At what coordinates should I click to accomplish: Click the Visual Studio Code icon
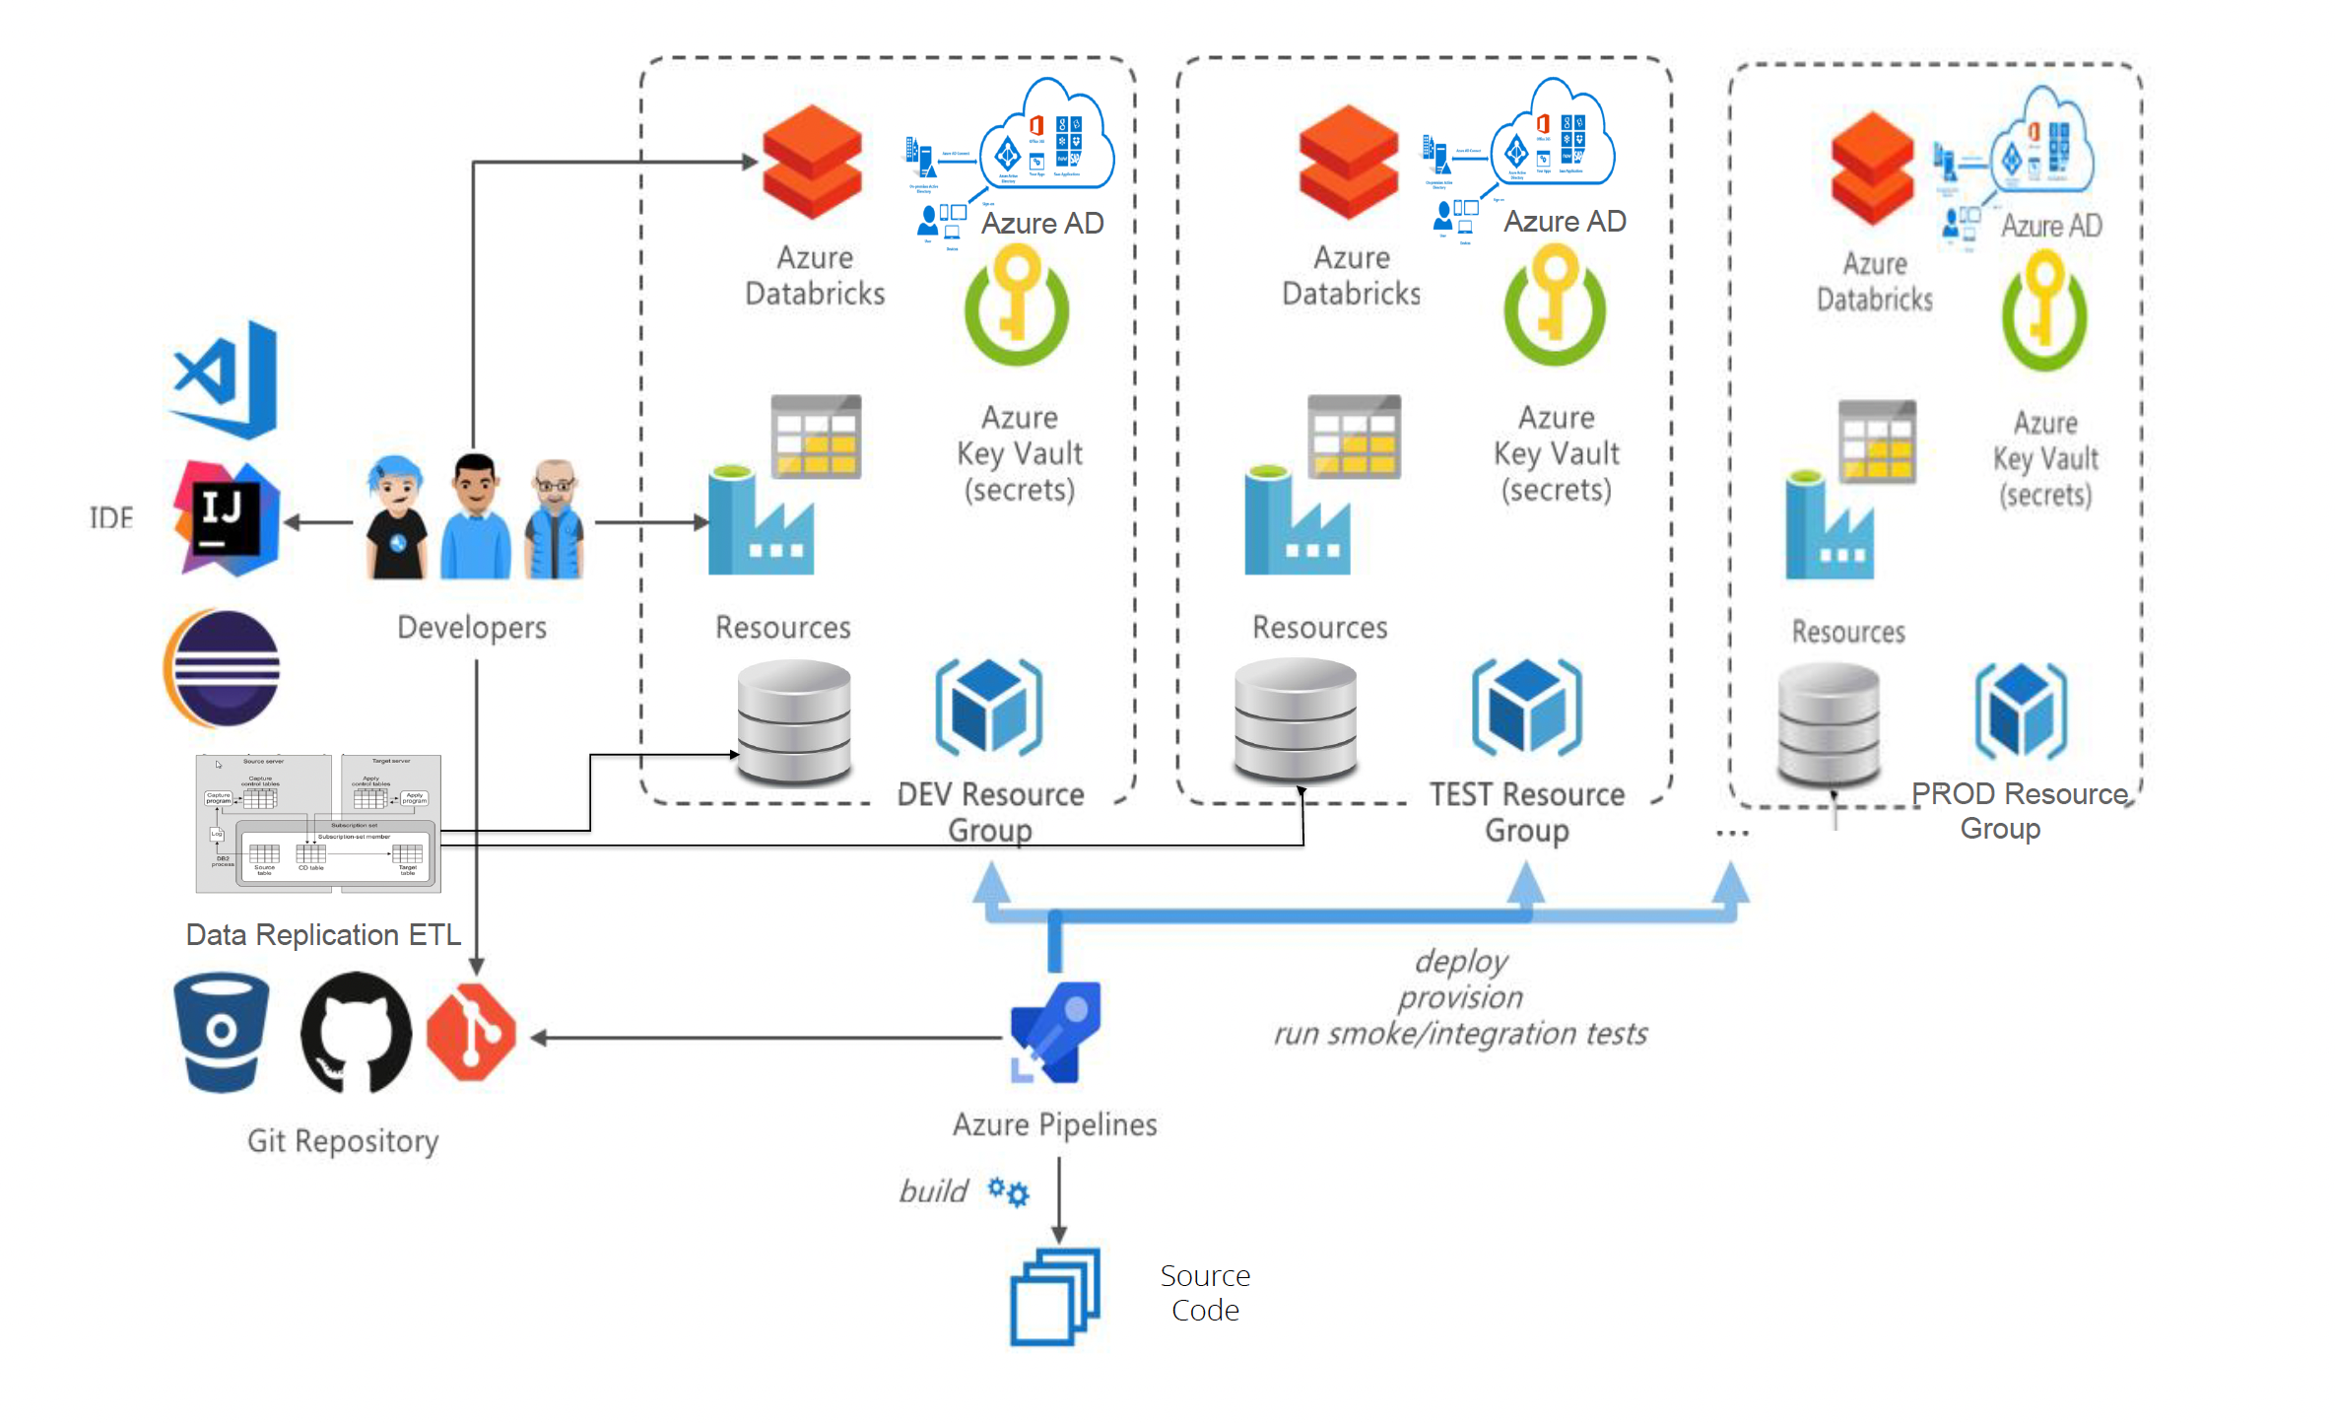226,379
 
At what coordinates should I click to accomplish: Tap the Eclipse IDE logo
223,668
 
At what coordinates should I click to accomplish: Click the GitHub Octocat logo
356,1033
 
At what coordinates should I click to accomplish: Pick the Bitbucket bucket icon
221,1033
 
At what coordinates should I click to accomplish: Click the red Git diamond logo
471,1033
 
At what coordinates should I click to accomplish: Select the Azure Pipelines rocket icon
1055,1033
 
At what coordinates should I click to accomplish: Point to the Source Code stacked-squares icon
1055,1296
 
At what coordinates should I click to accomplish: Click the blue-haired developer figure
396,517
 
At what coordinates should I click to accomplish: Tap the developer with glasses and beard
555,519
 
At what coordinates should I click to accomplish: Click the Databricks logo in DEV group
812,163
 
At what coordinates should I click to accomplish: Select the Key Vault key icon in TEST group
1555,305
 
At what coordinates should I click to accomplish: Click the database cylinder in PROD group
1829,724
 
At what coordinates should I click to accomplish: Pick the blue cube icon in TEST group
1526,708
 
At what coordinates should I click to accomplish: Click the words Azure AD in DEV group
1042,224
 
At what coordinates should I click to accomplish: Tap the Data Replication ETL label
323,934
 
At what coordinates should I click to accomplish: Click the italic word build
933,1191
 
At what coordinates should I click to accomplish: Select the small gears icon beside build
1009,1191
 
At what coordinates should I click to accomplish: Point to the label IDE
110,518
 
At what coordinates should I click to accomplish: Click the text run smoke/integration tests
1460,1034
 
